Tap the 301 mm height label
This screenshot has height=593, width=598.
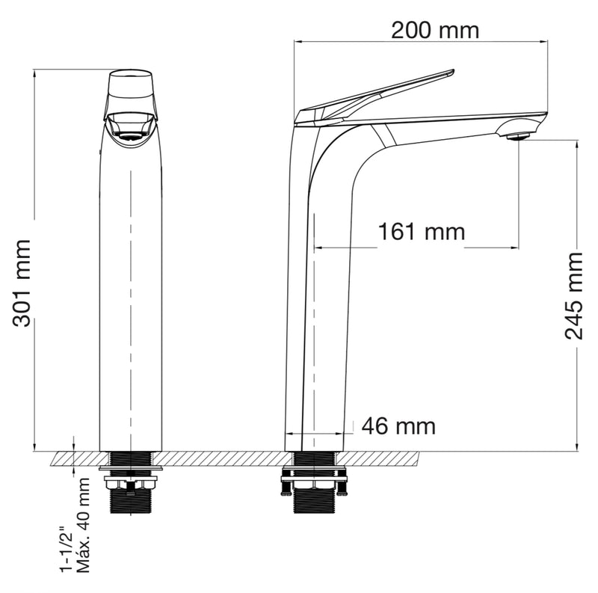[22, 283]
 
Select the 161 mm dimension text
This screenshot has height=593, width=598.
[421, 232]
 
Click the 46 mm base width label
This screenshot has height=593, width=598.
[398, 426]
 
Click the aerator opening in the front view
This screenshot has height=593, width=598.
[131, 137]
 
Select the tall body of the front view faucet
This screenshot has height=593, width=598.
[131, 299]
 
